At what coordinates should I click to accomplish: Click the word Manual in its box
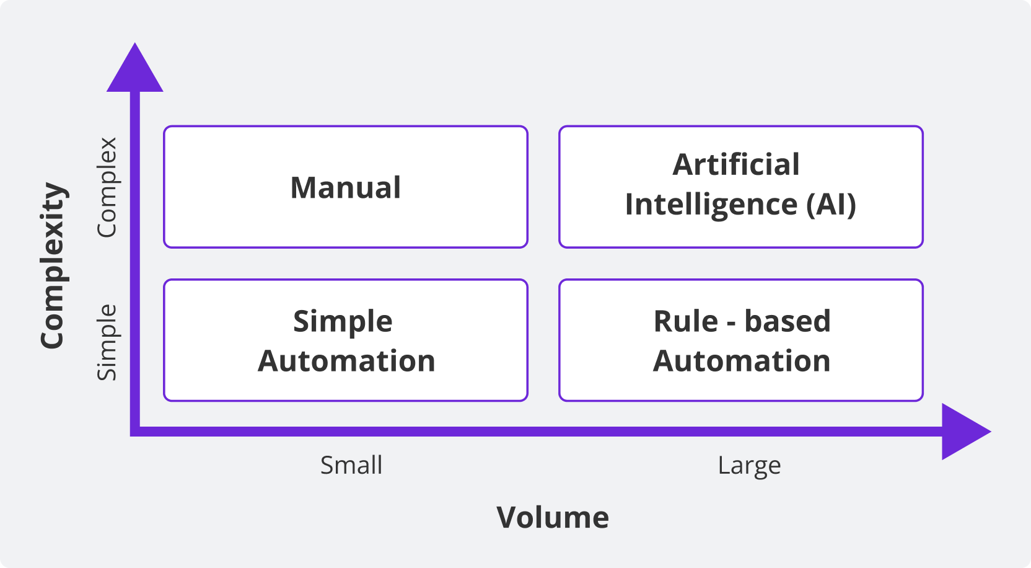coord(346,188)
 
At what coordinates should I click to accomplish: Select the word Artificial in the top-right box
coord(736,165)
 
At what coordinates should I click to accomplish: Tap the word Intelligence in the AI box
coord(711,205)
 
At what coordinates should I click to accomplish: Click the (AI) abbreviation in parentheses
coord(831,205)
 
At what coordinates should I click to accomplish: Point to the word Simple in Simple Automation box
coord(343,322)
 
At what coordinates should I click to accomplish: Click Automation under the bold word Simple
coord(346,362)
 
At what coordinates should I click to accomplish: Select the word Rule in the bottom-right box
coord(685,322)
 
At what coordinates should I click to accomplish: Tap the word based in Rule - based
coord(787,322)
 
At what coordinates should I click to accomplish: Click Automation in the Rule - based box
coord(742,362)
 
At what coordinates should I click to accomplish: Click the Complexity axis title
coord(53,265)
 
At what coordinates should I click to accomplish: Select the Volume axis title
coord(553,518)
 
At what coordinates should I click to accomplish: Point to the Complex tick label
coord(107,187)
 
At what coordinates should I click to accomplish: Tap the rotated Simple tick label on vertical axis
coord(107,342)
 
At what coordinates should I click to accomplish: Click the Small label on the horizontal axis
coord(351,466)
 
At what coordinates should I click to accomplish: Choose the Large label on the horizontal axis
coord(749,466)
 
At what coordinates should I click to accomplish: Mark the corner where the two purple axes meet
coord(135,432)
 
